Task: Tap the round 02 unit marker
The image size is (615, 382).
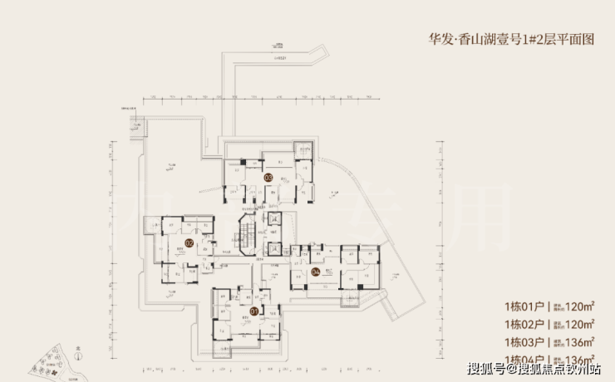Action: tap(189, 243)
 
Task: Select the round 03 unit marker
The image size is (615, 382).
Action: tap(268, 177)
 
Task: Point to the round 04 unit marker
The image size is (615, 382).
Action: tap(316, 272)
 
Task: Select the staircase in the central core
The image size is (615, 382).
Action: tap(248, 235)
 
